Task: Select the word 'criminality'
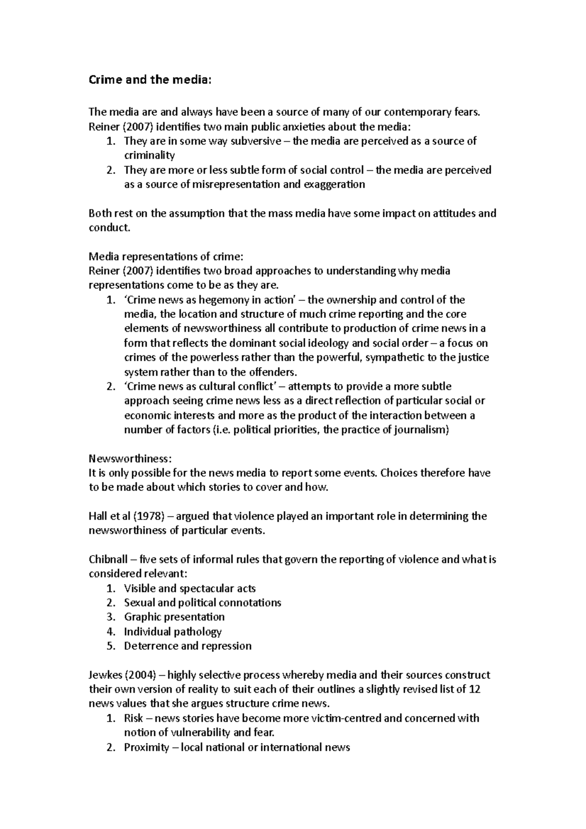point(149,156)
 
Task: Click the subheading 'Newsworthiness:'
point(130,459)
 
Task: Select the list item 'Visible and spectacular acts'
point(189,589)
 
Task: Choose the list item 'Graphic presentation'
point(174,617)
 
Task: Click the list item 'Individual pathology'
point(172,632)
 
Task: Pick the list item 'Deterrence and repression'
point(188,646)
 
